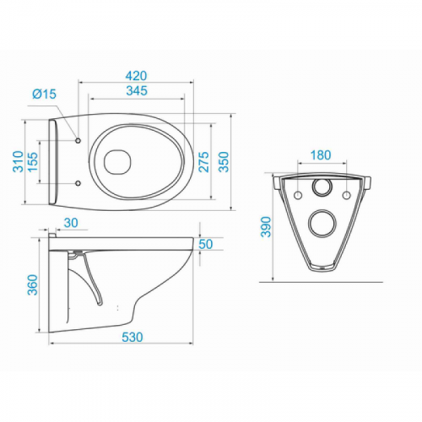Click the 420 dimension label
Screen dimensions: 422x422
[x=136, y=76]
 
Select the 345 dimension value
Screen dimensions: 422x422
[x=137, y=90]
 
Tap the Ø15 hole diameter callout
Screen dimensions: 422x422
[x=45, y=94]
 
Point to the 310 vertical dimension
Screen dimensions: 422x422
[x=19, y=162]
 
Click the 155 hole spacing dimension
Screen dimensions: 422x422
[x=33, y=162]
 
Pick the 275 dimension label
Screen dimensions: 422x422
[x=204, y=162]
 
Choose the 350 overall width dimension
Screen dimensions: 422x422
[x=225, y=162]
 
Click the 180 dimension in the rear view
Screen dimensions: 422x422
[x=321, y=155]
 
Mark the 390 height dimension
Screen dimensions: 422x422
[x=266, y=227]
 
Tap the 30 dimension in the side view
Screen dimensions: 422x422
[x=71, y=223]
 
